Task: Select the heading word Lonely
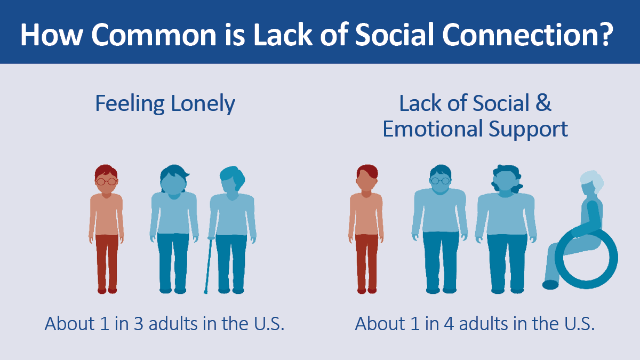click(x=202, y=103)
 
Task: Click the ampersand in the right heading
click(x=543, y=103)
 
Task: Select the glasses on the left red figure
click(x=106, y=181)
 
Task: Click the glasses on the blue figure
click(x=441, y=181)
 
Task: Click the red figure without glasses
click(x=366, y=229)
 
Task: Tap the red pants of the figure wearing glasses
click(x=107, y=261)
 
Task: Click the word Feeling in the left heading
click(x=129, y=103)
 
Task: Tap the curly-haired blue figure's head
click(x=505, y=179)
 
